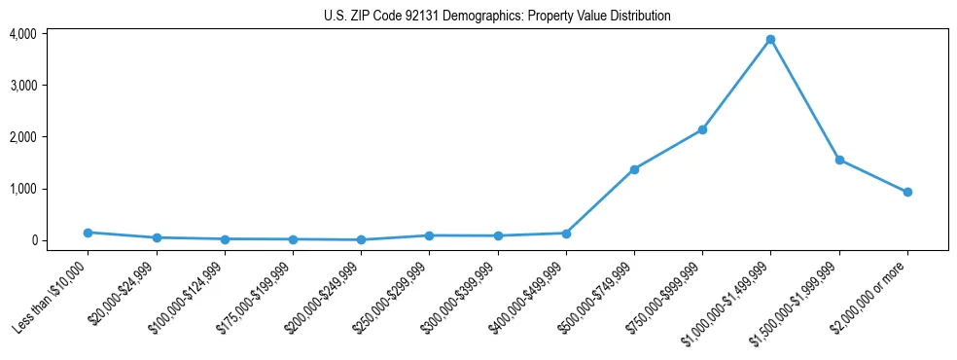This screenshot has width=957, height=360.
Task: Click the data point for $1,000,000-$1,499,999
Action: click(770, 40)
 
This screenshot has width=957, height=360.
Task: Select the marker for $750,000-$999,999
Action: click(702, 129)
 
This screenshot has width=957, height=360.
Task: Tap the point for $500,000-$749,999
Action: click(634, 169)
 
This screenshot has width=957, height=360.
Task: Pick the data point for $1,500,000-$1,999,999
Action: click(838, 160)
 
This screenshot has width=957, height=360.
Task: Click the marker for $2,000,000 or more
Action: click(907, 192)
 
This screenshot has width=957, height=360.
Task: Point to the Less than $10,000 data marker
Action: click(88, 233)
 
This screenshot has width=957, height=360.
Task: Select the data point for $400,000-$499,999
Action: click(566, 234)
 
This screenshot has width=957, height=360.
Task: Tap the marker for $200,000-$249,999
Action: click(361, 239)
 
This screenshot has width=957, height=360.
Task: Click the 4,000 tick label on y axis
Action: click(23, 34)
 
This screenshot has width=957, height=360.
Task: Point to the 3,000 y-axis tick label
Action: click(23, 86)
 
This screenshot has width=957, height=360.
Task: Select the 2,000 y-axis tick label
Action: click(23, 137)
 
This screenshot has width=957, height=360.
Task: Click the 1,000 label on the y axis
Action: click(23, 189)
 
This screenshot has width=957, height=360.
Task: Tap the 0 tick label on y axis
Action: click(33, 240)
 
